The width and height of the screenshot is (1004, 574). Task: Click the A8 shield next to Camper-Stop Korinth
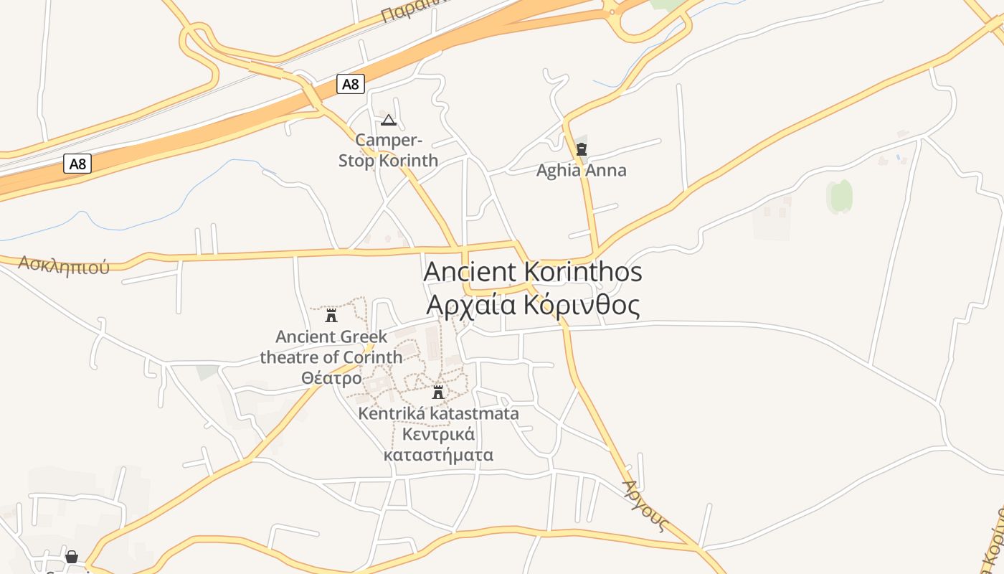pos(350,85)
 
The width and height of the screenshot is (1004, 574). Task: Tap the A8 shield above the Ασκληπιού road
pos(77,164)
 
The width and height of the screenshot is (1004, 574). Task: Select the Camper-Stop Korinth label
pos(389,150)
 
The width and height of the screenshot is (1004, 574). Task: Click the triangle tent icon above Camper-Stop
pos(389,120)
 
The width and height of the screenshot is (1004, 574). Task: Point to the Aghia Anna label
pos(581,171)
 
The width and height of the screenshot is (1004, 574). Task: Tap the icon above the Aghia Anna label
pos(582,149)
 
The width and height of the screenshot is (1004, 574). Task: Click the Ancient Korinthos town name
pos(533,272)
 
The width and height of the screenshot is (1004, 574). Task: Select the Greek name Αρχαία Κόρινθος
pos(533,305)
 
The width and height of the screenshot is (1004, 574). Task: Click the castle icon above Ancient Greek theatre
pos(331,315)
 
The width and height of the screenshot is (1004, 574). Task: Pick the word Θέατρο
pos(331,377)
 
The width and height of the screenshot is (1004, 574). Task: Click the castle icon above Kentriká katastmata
pos(438,392)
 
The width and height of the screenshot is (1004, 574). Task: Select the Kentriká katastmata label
pos(438,414)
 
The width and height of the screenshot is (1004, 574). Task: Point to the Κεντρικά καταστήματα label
pos(438,444)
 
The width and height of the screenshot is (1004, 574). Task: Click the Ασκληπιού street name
pos(64,265)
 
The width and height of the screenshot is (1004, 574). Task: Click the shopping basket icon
pos(72,557)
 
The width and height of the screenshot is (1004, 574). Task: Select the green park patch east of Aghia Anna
pos(840,196)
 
